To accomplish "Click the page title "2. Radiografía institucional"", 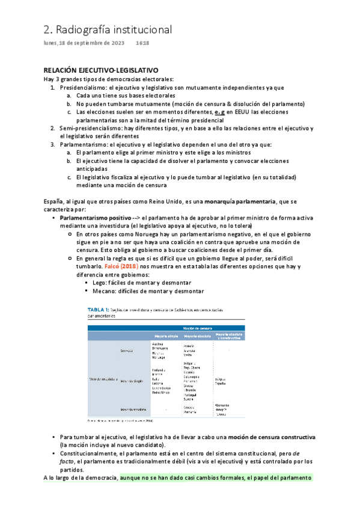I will pos(108,29).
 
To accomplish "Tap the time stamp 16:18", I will pos(142,43).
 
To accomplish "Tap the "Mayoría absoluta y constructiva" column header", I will pos(228,336).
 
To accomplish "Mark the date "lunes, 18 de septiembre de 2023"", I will pos(84,43).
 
